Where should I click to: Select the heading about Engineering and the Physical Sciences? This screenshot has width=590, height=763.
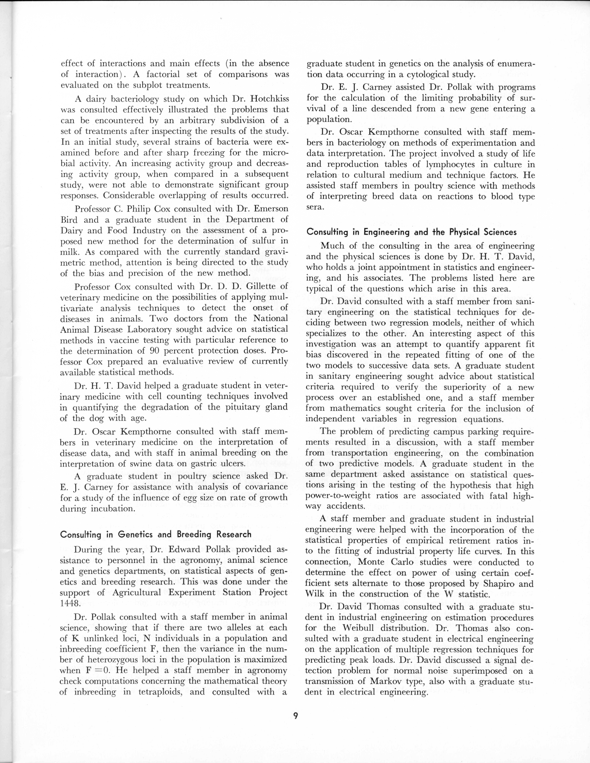411,232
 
